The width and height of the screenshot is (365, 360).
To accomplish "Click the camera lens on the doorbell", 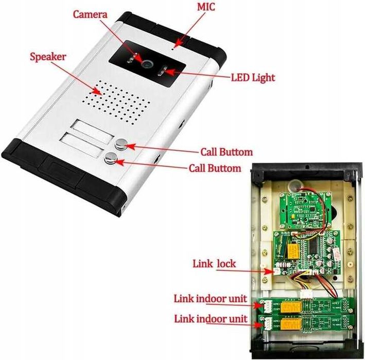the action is (147, 64).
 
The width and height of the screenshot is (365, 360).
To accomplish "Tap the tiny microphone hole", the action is (172, 49).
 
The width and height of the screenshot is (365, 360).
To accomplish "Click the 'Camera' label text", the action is (90, 14).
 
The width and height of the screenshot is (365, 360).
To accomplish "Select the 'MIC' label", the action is (206, 7).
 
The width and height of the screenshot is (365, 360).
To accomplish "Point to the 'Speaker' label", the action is (48, 57).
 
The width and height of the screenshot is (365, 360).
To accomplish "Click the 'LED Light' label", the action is (253, 78).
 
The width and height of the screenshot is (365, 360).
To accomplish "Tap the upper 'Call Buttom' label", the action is (227, 152).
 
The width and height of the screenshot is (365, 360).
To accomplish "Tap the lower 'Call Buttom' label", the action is (215, 168).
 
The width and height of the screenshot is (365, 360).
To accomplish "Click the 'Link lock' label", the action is (214, 264).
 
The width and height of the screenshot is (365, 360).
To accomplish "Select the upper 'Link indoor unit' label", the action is (211, 299).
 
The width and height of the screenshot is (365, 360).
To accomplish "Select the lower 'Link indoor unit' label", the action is (211, 319).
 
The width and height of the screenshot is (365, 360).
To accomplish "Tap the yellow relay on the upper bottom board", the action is (291, 307).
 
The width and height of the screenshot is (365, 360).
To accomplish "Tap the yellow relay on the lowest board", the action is (291, 324).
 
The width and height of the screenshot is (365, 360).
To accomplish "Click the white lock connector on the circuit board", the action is (277, 271).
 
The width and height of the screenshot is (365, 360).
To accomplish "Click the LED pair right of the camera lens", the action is (162, 71).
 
